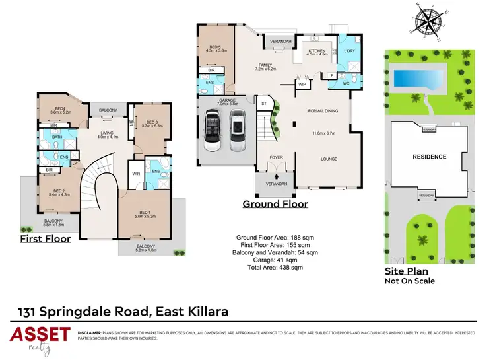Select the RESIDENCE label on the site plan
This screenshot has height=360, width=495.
[430, 157]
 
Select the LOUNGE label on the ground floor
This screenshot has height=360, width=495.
[329, 159]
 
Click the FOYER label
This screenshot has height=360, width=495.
[275, 157]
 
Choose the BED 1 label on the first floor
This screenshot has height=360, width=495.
[143, 212]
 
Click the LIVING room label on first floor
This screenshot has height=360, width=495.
[107, 133]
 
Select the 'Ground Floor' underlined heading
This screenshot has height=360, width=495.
[275, 204]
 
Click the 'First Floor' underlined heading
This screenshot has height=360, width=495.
[45, 238]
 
